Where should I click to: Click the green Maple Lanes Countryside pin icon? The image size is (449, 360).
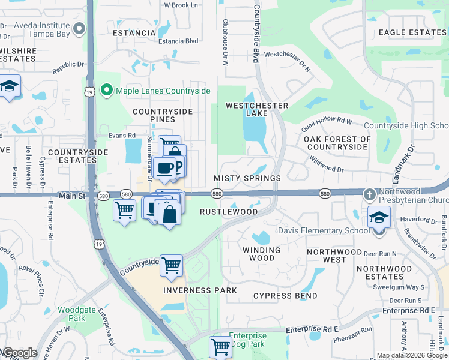[x=107, y=91]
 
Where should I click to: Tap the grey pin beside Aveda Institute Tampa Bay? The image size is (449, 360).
[x=79, y=29]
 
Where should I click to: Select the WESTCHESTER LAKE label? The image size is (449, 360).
[x=256, y=109]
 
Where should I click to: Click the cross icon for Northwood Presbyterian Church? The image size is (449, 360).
[x=370, y=194]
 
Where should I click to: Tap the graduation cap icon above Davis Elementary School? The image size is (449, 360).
[x=378, y=217]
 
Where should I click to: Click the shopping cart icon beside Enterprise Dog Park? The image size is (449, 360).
[x=220, y=346]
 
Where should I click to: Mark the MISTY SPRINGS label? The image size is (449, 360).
[x=247, y=179]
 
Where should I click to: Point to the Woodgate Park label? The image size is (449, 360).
[x=72, y=314]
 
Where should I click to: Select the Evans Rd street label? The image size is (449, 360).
[x=122, y=136]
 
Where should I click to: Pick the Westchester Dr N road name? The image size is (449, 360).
[x=288, y=61]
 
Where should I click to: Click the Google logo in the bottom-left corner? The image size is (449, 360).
[x=19, y=353]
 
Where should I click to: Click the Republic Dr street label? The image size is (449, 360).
[x=69, y=67]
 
